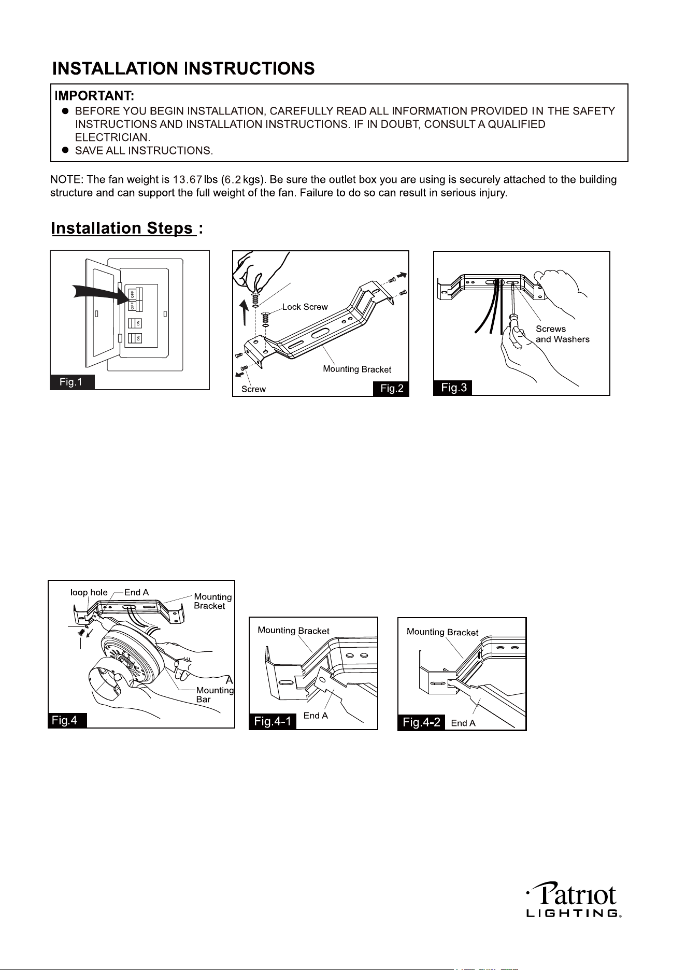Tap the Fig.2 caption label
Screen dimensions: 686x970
click(x=391, y=389)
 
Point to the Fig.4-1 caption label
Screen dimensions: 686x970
click(x=273, y=721)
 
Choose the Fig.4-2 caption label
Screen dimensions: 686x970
click(x=421, y=722)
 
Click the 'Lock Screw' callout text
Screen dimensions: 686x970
click(x=305, y=307)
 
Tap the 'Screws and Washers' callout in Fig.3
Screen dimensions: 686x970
click(x=563, y=334)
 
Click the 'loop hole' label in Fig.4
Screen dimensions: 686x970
click(x=89, y=592)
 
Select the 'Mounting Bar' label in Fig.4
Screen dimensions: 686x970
click(x=215, y=694)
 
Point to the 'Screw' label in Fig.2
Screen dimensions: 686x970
click(x=254, y=389)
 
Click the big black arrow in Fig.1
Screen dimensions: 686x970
click(x=102, y=296)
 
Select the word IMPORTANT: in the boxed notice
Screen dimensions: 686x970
click(x=95, y=96)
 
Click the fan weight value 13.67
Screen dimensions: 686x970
click(x=188, y=180)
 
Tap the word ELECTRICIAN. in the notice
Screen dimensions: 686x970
click(x=113, y=137)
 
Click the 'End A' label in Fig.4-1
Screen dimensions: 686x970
click(x=316, y=716)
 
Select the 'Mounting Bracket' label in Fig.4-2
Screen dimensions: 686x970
click(x=442, y=632)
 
